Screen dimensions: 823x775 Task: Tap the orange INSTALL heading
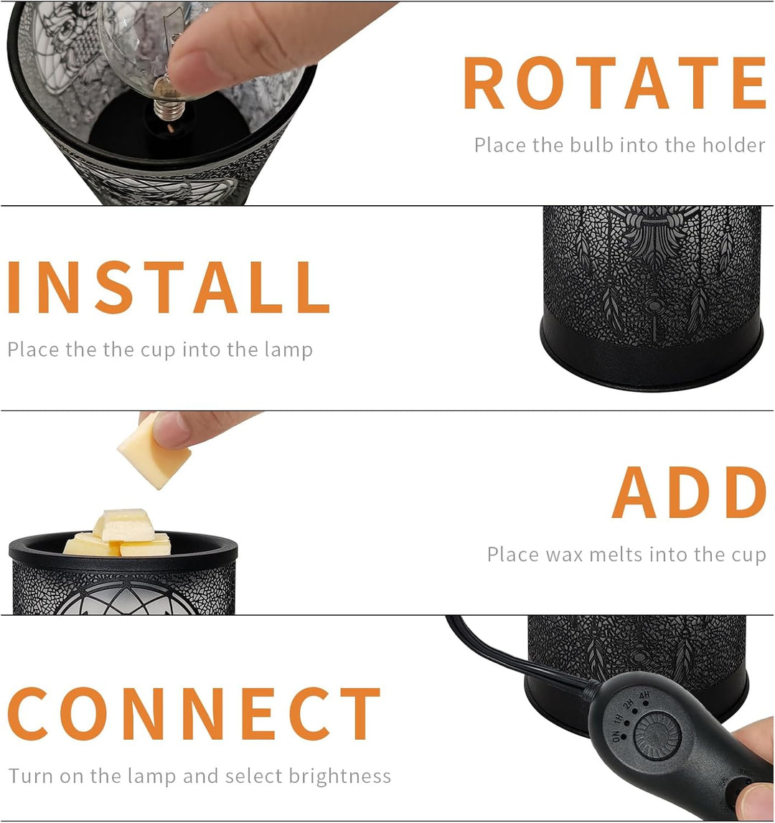click(x=168, y=288)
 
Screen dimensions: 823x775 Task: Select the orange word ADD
click(x=689, y=493)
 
